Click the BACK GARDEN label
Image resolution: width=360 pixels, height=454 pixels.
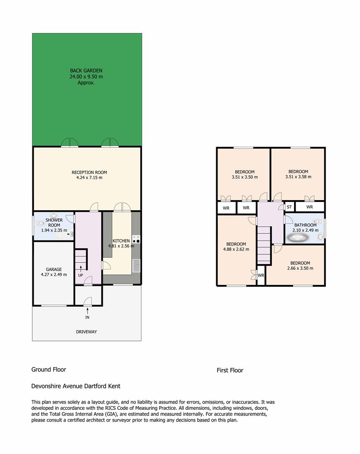pyautogui.click(x=86, y=70)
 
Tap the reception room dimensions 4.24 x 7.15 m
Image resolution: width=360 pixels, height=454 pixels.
pyautogui.click(x=89, y=177)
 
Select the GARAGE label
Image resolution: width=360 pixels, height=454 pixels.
pyautogui.click(x=54, y=269)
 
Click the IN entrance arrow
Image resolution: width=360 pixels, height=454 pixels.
pyautogui.click(x=87, y=311)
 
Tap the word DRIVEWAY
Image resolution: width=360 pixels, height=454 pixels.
pyautogui.click(x=86, y=332)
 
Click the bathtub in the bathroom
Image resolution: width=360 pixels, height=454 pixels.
pyautogui.click(x=298, y=238)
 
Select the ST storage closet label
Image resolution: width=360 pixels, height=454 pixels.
pyautogui.click(x=289, y=207)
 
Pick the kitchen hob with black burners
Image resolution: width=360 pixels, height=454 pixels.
pyautogui.click(x=136, y=239)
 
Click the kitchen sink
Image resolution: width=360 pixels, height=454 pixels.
pyautogui.click(x=136, y=266)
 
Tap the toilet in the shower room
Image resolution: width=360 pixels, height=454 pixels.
pyautogui.click(x=39, y=224)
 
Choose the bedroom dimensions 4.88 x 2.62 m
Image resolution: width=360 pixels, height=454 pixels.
pyautogui.click(x=236, y=249)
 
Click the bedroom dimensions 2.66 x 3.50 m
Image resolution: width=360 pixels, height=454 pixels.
pyautogui.click(x=300, y=268)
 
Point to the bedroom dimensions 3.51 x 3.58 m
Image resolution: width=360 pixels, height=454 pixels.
pyautogui.click(x=298, y=177)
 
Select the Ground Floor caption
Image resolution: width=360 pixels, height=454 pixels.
pyautogui.click(x=49, y=370)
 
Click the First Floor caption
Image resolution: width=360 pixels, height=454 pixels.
pyautogui.click(x=230, y=370)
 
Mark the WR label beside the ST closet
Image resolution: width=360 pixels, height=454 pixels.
pyautogui.click(x=310, y=207)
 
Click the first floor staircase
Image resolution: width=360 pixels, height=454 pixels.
pyautogui.click(x=264, y=245)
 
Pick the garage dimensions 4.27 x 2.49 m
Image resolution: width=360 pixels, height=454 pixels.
pyautogui.click(x=54, y=275)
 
